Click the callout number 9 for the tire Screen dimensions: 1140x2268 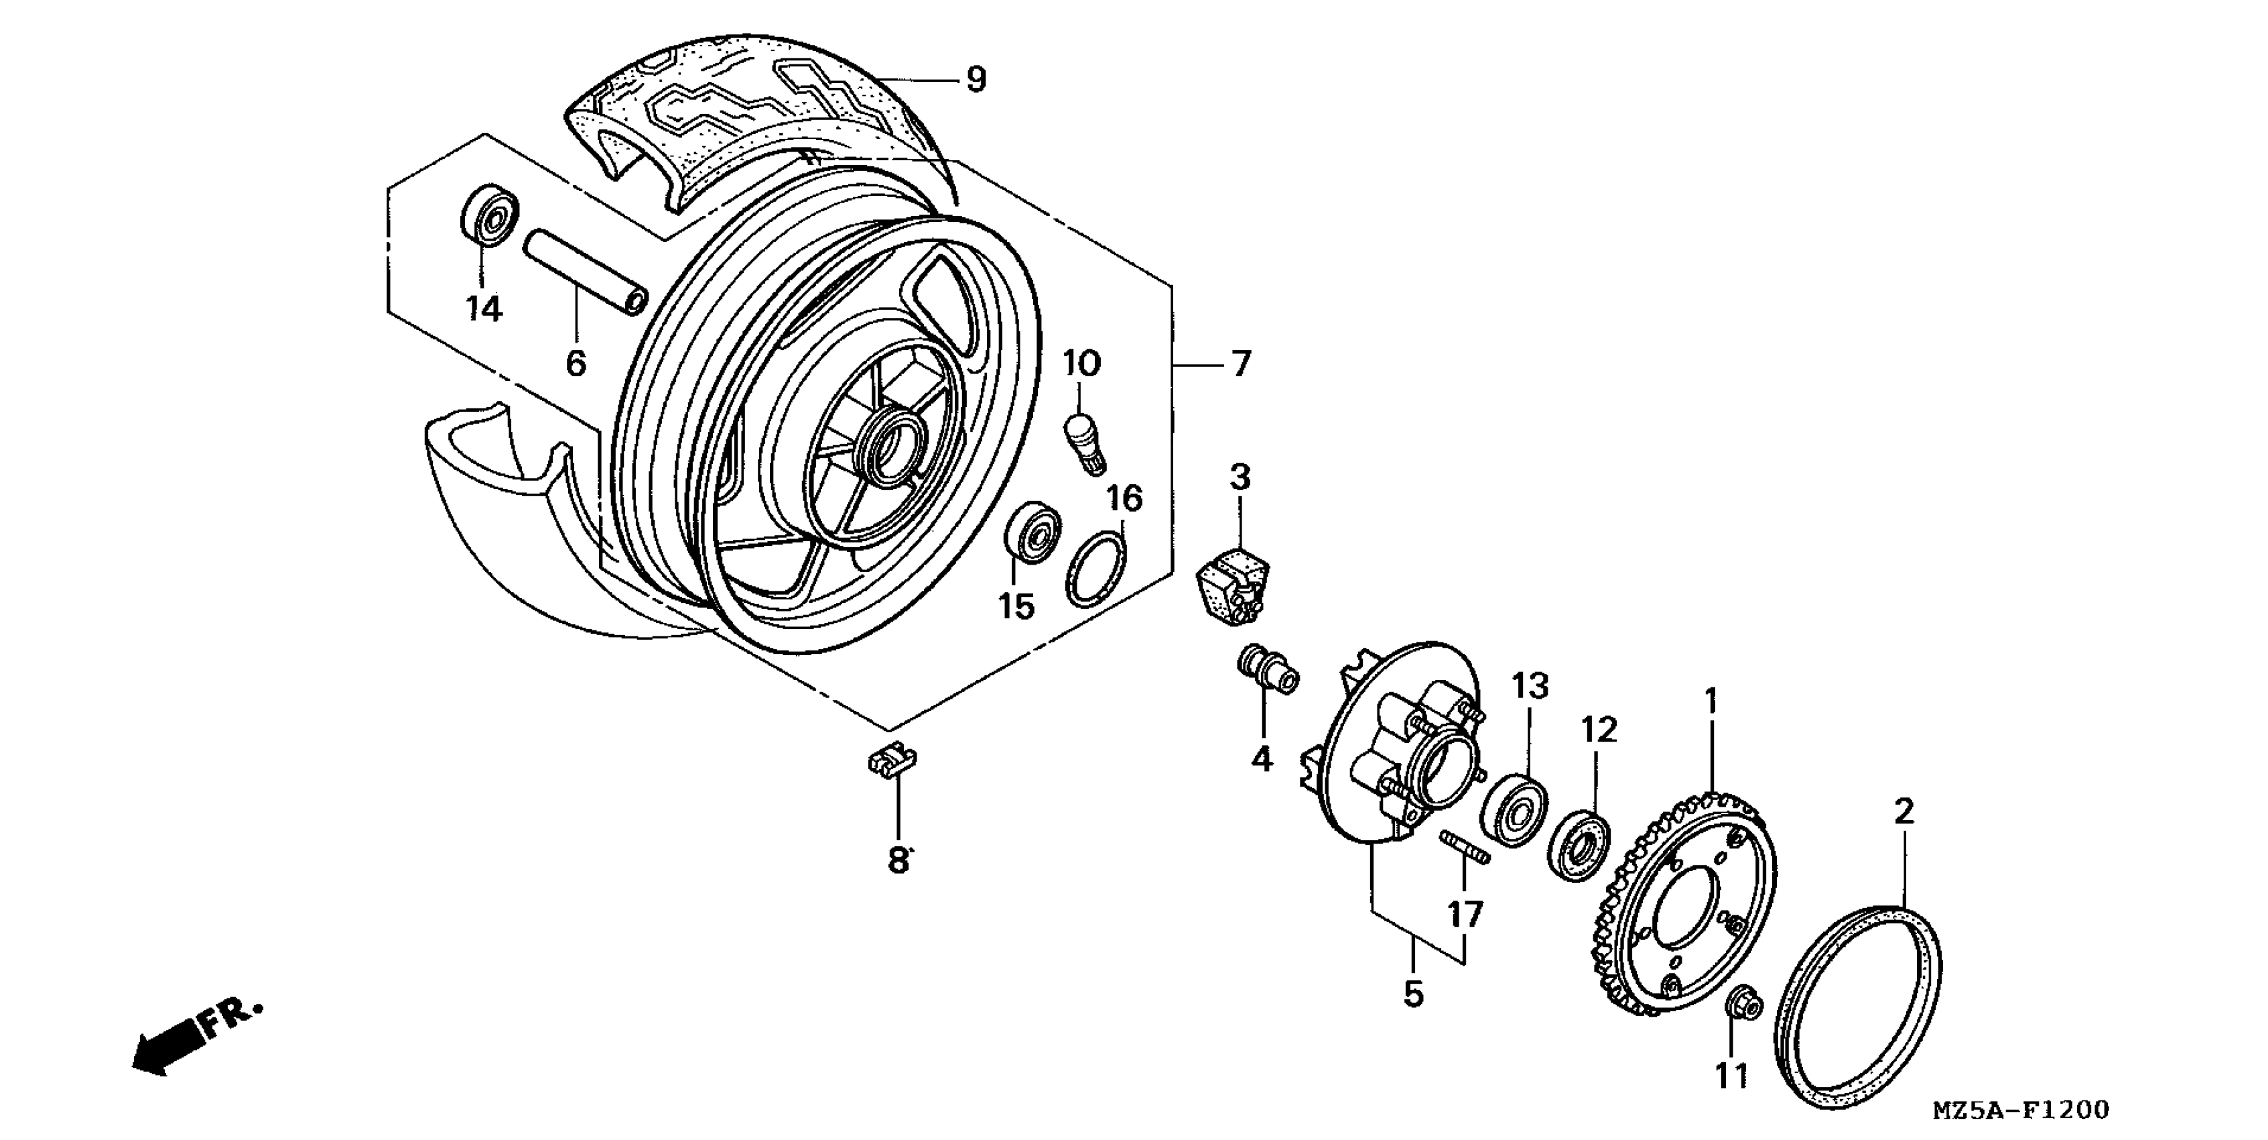[x=976, y=80]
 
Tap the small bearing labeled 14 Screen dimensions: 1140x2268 [x=490, y=214]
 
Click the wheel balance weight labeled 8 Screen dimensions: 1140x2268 [x=890, y=760]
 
